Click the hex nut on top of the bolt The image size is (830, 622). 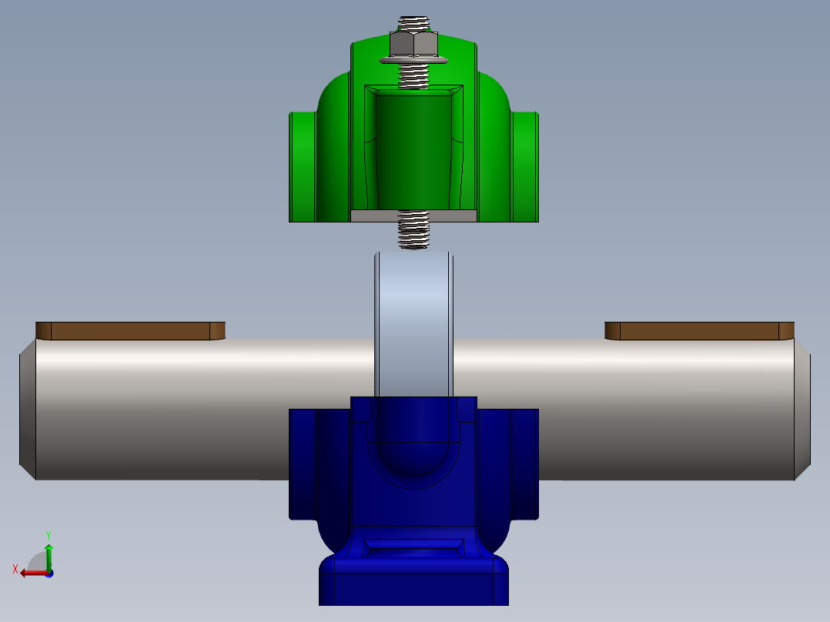tap(413, 44)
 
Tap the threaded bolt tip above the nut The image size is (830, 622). tap(413, 23)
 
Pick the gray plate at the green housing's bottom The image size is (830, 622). tap(413, 216)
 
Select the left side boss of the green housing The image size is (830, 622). tap(303, 166)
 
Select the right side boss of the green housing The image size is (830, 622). tap(525, 166)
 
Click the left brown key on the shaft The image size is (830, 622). tap(130, 331)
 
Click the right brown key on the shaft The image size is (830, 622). tap(699, 331)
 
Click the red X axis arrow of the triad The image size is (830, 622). tap(29, 572)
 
